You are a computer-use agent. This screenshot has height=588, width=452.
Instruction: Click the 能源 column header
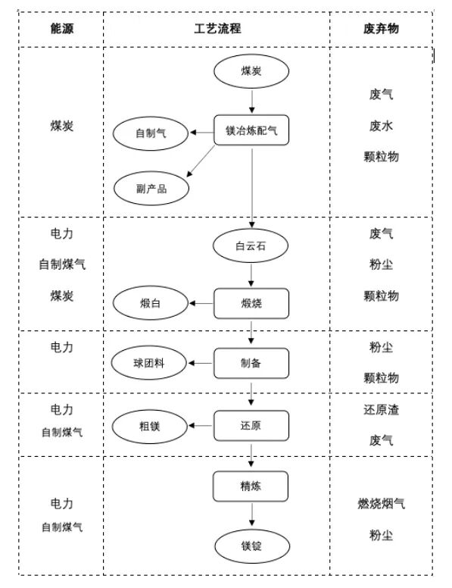(x=62, y=27)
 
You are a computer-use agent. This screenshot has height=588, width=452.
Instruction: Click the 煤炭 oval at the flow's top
(x=251, y=71)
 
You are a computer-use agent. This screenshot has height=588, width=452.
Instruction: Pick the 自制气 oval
(x=151, y=133)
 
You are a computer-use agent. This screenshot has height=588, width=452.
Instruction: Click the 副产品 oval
(x=151, y=188)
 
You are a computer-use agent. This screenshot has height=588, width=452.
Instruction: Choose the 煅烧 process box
(x=251, y=304)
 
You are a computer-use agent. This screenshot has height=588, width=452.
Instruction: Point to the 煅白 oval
(x=151, y=304)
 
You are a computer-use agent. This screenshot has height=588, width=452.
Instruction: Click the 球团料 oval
(x=151, y=362)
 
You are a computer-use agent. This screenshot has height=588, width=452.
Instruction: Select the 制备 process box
(x=251, y=362)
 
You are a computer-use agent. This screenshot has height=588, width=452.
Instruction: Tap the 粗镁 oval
(x=151, y=425)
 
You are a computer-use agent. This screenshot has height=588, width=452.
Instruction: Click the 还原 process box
(x=251, y=425)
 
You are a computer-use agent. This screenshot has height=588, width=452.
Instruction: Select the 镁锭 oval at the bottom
(x=251, y=545)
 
